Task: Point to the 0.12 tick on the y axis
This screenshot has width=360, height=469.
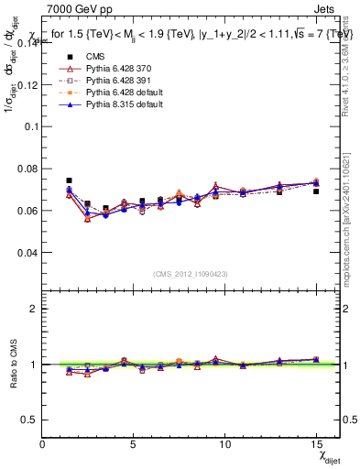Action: [x=27, y=85]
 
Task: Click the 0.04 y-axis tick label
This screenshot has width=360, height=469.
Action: [x=27, y=252]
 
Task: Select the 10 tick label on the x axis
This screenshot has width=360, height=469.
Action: [x=225, y=442]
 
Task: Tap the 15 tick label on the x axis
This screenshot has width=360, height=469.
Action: [x=316, y=442]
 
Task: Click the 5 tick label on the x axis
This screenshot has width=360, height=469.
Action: [x=134, y=442]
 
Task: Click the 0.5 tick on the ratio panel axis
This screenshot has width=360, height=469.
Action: [x=29, y=419]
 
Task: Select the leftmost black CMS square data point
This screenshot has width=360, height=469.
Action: [x=69, y=180]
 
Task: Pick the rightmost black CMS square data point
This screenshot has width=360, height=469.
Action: [x=316, y=191]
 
